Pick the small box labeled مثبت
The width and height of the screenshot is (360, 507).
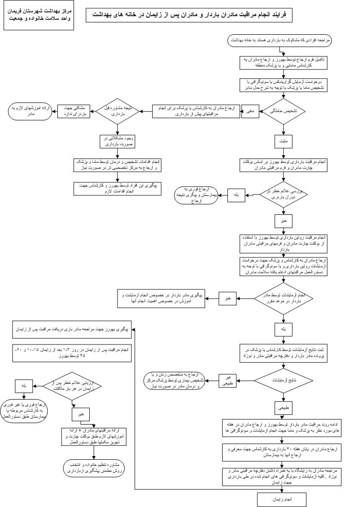coord(283,140)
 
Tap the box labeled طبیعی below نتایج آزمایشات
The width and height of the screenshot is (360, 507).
coord(283,408)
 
